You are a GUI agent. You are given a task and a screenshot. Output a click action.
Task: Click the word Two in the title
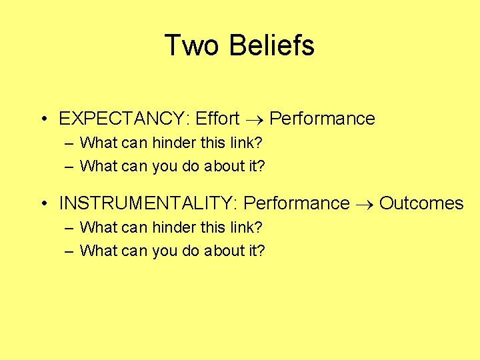coord(191,45)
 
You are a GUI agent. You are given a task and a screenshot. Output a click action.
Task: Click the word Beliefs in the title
coord(271,45)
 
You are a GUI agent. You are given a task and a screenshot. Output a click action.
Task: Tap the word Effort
coord(217,119)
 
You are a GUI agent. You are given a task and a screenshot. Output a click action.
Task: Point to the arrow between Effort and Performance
coord(255,119)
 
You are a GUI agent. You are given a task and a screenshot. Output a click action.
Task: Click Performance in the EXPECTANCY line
coord(322,119)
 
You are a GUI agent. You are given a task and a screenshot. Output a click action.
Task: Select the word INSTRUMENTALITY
coord(151,203)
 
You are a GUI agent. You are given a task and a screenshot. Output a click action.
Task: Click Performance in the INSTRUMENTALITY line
coord(297,203)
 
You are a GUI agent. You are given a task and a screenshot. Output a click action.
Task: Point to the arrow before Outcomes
coord(364,203)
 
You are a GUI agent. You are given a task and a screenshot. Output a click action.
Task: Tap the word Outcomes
coord(421,203)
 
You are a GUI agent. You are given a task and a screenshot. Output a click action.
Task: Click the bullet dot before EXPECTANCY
coord(42,119)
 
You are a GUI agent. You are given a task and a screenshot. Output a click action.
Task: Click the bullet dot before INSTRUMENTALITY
coord(42,203)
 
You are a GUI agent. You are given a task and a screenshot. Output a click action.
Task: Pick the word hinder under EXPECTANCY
coord(176,142)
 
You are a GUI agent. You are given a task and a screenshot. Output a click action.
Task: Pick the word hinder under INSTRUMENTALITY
coord(176,227)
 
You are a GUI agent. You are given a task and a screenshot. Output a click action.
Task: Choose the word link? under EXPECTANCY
coord(247,142)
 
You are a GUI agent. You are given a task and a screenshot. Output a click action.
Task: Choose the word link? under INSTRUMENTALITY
coord(247,227)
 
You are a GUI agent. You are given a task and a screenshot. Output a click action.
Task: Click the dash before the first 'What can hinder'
coord(70,143)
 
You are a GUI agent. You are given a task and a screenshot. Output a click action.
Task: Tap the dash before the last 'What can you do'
coord(70,251)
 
